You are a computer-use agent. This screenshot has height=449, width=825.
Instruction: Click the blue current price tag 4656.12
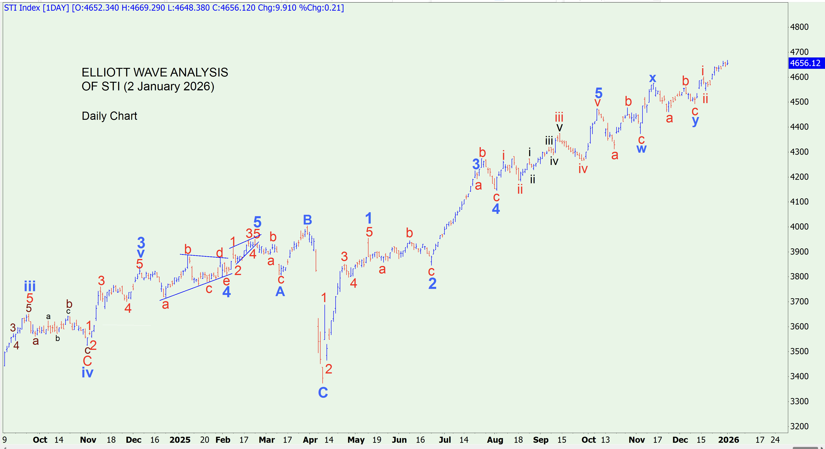tap(805, 63)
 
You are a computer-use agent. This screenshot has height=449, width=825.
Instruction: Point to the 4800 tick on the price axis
tap(799, 27)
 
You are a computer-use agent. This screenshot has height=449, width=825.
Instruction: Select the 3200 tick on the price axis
tap(799, 426)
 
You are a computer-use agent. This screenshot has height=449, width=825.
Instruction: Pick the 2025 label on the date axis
tap(180, 440)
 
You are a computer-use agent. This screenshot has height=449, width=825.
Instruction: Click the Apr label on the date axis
tap(310, 440)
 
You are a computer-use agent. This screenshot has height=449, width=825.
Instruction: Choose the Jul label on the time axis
tap(445, 440)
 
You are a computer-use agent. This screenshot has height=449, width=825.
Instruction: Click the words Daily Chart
tap(109, 116)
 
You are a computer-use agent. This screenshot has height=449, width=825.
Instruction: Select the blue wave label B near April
tap(307, 220)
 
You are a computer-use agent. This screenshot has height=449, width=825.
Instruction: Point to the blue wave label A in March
tap(280, 291)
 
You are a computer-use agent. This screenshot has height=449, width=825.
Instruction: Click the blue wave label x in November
tap(652, 78)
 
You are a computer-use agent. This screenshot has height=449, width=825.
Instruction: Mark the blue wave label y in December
tap(695, 121)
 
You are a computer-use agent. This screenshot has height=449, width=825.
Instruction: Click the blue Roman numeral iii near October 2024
tap(30, 286)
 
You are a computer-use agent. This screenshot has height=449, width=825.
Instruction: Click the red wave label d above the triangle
tap(219, 253)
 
